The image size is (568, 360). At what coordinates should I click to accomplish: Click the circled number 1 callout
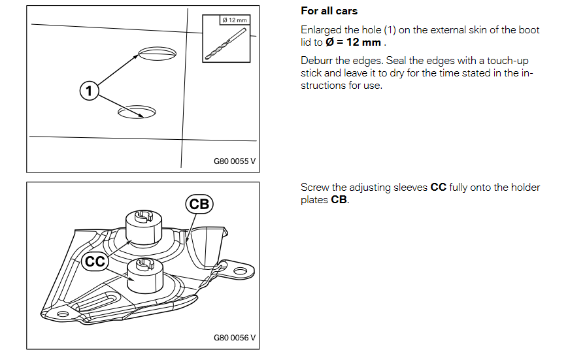89,91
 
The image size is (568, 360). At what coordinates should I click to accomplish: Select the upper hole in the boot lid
158,53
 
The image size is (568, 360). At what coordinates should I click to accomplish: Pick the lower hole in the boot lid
137,112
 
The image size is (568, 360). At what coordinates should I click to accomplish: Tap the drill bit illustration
226,44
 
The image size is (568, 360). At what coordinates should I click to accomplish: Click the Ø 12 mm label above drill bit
235,20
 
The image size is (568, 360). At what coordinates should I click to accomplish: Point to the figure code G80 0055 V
235,161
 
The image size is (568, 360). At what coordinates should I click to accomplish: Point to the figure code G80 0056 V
235,338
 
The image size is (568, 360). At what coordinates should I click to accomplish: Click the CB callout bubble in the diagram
199,204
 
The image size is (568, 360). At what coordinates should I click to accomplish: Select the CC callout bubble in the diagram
95,261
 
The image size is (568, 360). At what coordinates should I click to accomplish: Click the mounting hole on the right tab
240,271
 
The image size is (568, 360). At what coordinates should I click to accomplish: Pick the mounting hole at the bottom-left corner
63,314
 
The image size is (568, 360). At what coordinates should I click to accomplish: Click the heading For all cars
329,11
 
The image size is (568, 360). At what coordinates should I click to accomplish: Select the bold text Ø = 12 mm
353,42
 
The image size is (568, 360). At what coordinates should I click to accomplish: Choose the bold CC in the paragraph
439,188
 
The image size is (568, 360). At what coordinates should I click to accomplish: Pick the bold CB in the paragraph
339,199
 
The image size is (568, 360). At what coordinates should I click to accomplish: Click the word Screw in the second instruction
315,188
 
